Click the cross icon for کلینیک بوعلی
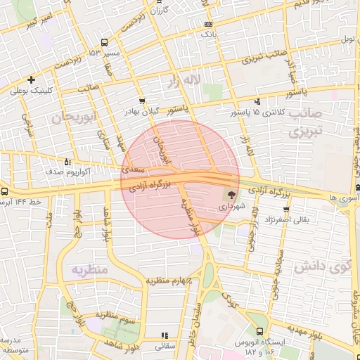coord(31,79)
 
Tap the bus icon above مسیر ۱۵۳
coord(104,42)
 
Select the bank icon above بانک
coord(209,24)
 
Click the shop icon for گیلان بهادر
coord(143,101)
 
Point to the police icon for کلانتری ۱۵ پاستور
coord(257,101)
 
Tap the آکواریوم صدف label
coord(45,171)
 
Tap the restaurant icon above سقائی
coord(165,335)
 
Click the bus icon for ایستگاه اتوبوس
coord(261,330)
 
